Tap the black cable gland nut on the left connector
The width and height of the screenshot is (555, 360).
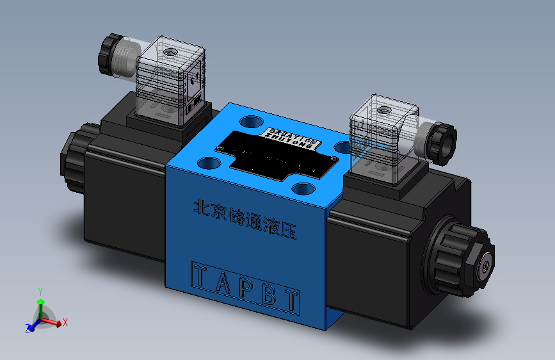click(111, 54)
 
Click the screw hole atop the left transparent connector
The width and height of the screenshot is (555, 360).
click(170, 51)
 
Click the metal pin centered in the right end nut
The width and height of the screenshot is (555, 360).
click(487, 265)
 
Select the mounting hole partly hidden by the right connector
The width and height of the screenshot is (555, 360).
click(344, 148)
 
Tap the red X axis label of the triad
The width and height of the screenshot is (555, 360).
click(65, 323)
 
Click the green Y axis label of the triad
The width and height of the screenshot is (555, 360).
click(40, 291)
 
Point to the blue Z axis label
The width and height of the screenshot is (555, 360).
click(28, 328)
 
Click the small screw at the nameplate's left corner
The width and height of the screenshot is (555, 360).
click(220, 149)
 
